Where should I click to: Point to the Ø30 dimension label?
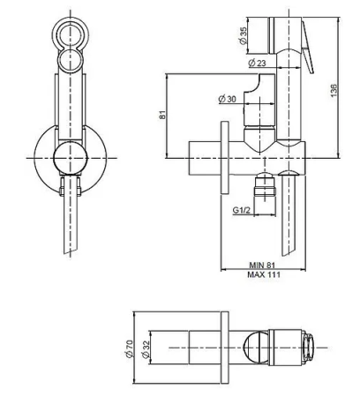[227, 99]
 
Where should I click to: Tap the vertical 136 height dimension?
[333, 92]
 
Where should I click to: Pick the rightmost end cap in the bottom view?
[311, 349]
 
